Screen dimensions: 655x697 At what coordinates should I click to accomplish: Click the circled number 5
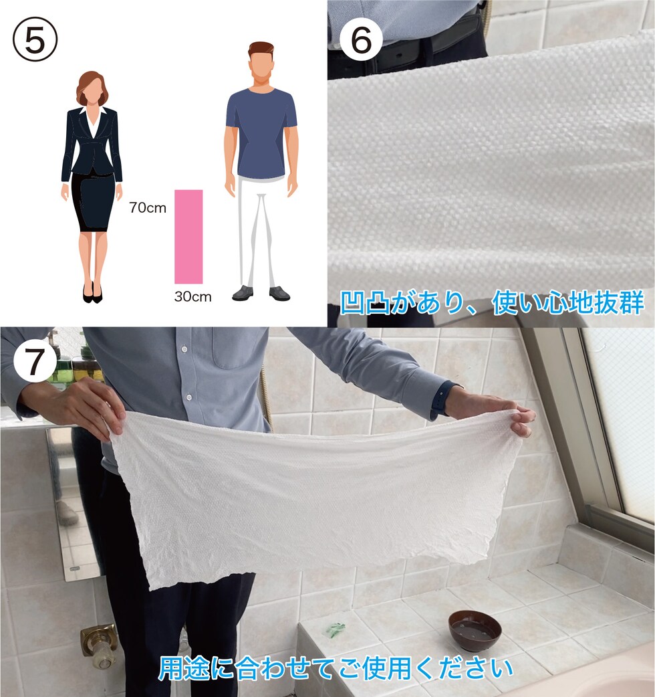(35, 39)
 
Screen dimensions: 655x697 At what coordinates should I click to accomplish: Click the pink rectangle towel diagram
(188, 237)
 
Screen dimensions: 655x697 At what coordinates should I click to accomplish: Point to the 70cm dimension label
(148, 207)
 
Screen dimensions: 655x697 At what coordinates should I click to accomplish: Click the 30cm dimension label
(192, 296)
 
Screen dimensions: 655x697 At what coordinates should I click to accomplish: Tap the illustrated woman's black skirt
(93, 202)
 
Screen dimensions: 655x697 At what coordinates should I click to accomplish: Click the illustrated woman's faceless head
(93, 89)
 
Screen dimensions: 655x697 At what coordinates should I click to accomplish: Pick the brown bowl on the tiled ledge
(475, 630)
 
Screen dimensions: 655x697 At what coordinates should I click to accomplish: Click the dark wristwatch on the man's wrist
(440, 400)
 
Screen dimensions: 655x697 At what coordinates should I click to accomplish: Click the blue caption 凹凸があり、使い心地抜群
(492, 302)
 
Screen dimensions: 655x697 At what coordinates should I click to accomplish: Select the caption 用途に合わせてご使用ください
(336, 668)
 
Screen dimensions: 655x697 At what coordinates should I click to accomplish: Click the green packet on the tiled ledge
(337, 628)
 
